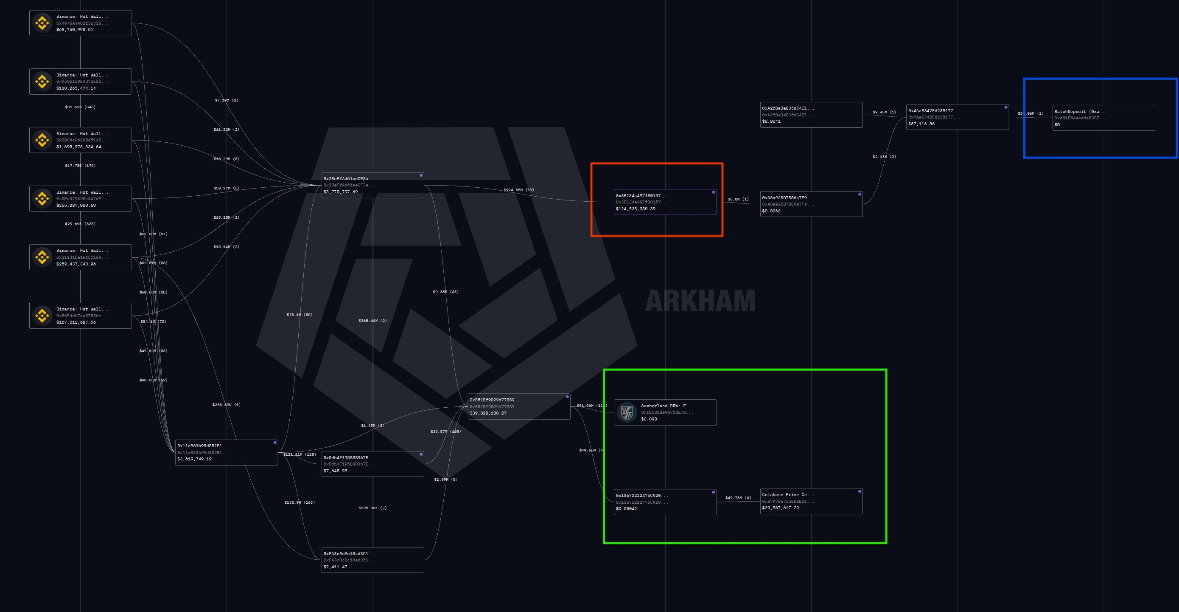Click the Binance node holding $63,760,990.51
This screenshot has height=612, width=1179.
point(81,23)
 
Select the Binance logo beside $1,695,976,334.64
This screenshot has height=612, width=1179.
point(42,140)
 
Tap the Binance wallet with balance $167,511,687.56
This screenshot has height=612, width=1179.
point(81,316)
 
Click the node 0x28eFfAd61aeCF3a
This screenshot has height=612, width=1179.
point(372,185)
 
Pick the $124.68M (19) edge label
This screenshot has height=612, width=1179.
point(518,190)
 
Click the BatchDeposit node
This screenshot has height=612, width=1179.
point(1103,118)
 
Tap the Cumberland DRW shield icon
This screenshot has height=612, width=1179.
point(627,412)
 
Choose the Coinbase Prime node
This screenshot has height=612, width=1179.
point(811,501)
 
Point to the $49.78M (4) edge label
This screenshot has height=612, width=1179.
point(738,498)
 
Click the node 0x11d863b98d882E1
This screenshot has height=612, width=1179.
point(227,452)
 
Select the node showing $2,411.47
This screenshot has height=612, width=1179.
point(372,560)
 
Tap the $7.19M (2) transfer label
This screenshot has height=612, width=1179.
point(226,100)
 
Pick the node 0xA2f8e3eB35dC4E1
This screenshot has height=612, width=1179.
point(811,115)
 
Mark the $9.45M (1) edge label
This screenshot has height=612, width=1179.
point(884,112)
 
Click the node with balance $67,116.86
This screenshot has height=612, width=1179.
point(957,117)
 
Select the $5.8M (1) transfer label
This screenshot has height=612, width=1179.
point(738,199)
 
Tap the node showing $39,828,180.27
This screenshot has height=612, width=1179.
point(518,406)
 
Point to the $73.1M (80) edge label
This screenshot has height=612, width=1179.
point(300,315)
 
